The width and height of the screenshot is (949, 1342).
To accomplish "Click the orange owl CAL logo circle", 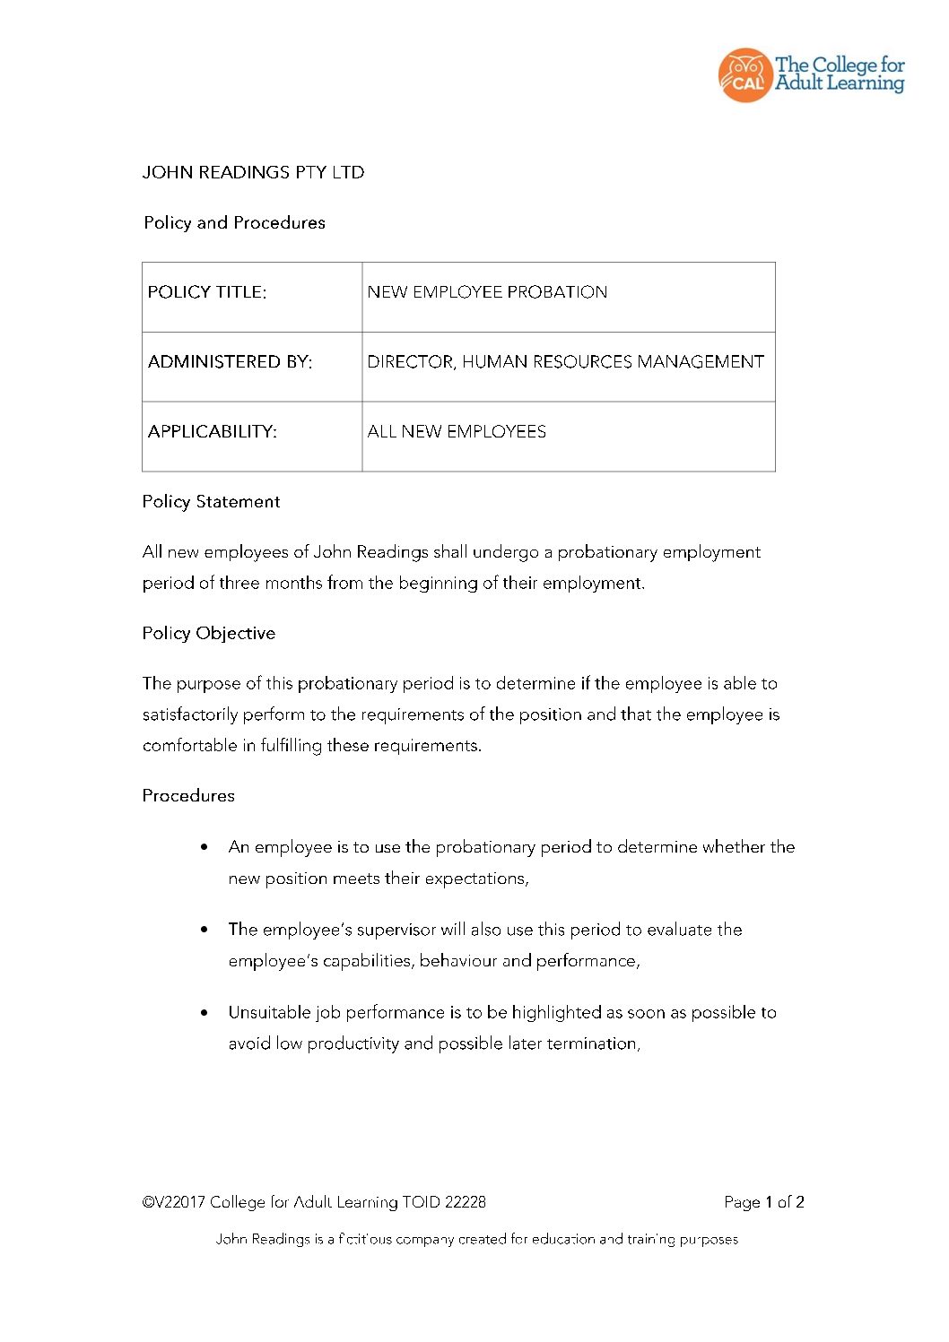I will [744, 75].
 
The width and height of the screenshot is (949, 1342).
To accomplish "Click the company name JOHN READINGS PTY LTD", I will [253, 172].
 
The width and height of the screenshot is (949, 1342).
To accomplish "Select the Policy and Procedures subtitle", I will [234, 222].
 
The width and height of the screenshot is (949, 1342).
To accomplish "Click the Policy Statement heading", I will [211, 502].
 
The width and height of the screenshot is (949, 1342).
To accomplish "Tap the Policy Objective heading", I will [208, 633].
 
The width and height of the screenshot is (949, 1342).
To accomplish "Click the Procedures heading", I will [188, 796].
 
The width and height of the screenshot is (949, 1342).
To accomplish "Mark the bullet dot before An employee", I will [205, 847].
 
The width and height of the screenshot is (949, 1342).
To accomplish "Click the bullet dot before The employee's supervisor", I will [205, 930].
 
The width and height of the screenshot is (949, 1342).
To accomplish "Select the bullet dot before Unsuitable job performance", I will [205, 1013].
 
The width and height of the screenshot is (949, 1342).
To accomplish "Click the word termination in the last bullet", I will [595, 1043].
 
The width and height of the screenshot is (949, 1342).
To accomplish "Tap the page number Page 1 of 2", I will [763, 1202].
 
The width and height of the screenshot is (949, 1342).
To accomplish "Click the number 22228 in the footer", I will [465, 1202].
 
